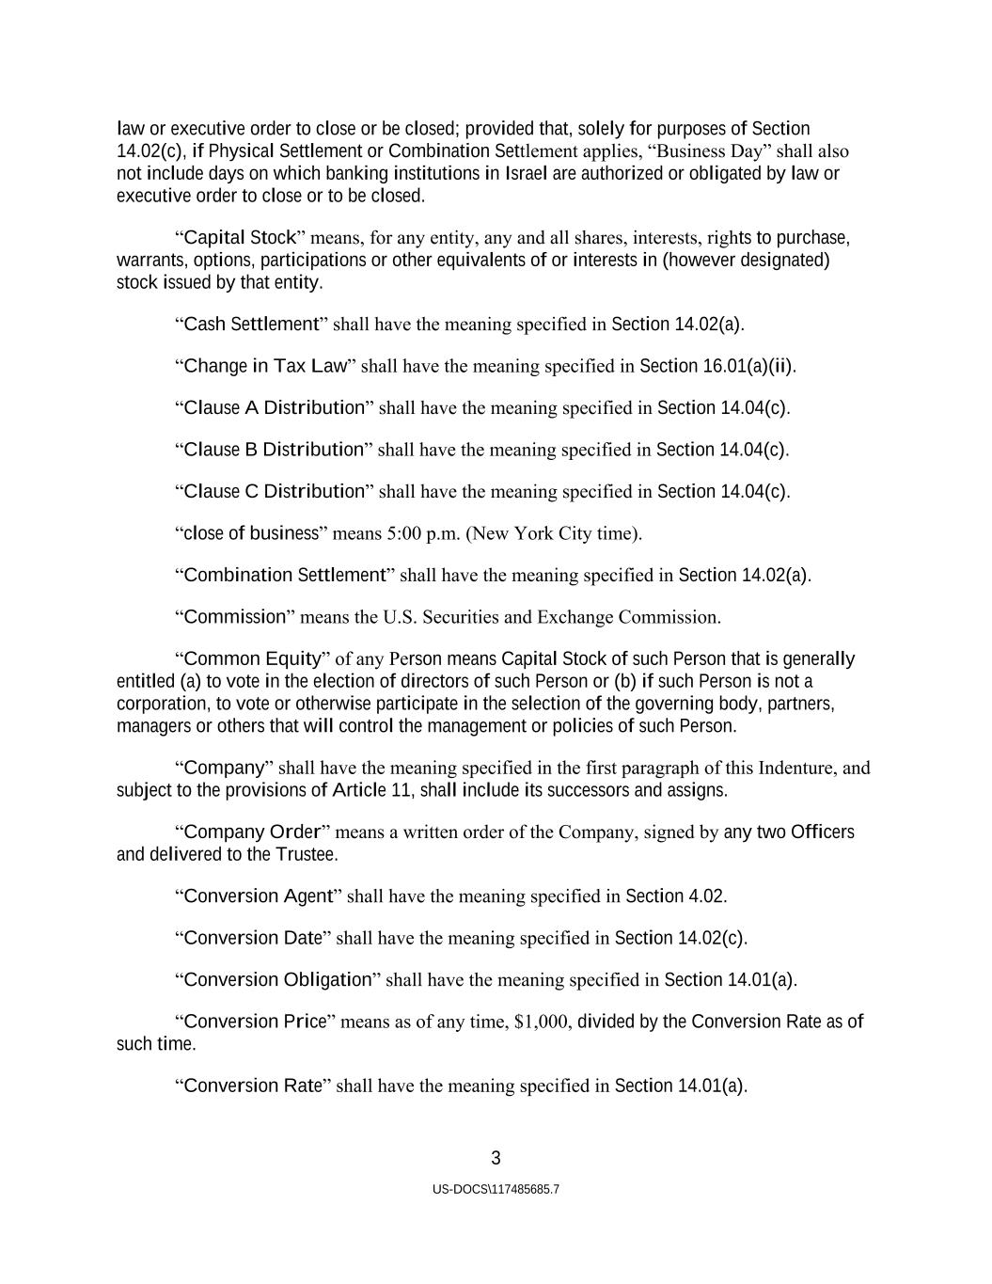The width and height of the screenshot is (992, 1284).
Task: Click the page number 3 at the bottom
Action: pyautogui.click(x=496, y=1158)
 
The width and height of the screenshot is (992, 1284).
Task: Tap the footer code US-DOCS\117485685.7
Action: pyautogui.click(x=496, y=1189)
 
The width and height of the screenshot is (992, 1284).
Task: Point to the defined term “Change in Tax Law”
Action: pyautogui.click(x=264, y=366)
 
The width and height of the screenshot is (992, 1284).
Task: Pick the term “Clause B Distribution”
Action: pyautogui.click(x=274, y=450)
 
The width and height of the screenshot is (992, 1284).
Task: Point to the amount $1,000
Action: pyautogui.click(x=543, y=1022)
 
